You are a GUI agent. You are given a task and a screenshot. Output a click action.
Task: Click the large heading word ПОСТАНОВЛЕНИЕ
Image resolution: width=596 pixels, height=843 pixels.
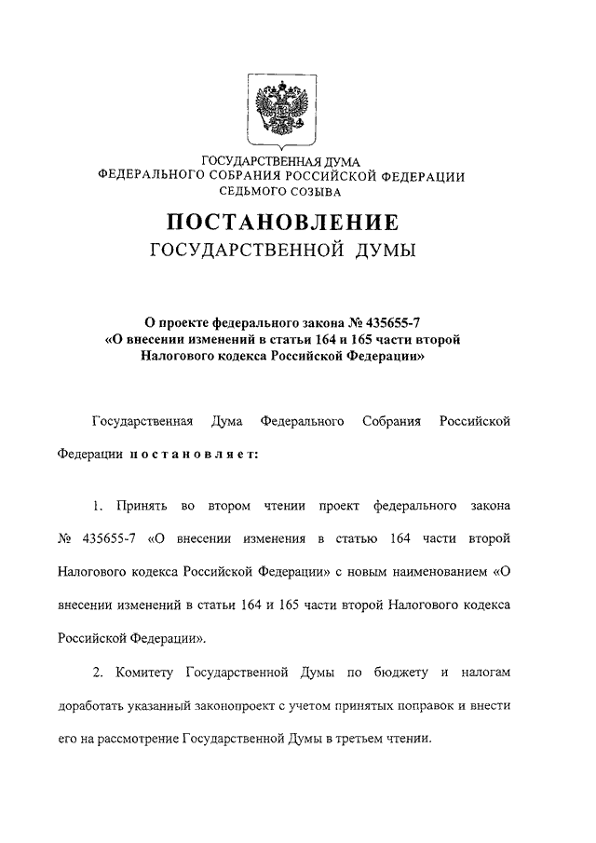282,223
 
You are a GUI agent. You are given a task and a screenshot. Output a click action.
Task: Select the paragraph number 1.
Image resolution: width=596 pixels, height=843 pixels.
97,506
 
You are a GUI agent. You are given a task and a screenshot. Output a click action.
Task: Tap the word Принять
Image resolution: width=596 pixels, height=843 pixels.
142,506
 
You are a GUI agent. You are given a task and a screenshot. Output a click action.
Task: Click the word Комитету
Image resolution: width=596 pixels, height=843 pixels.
145,672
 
